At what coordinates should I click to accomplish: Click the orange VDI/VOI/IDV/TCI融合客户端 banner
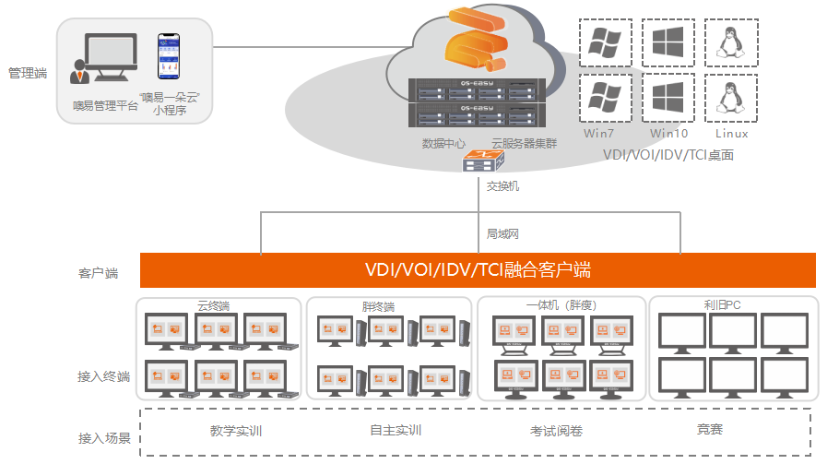478,270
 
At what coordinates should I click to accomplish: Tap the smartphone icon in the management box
169,57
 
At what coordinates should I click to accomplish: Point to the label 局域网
502,234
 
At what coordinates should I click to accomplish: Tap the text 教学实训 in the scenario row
236,430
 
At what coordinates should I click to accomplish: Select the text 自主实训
396,430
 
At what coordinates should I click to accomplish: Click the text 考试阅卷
556,431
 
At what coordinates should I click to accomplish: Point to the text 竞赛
709,429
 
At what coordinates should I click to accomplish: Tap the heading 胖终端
378,306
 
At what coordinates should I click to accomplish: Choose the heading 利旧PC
722,304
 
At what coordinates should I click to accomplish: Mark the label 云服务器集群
524,143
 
